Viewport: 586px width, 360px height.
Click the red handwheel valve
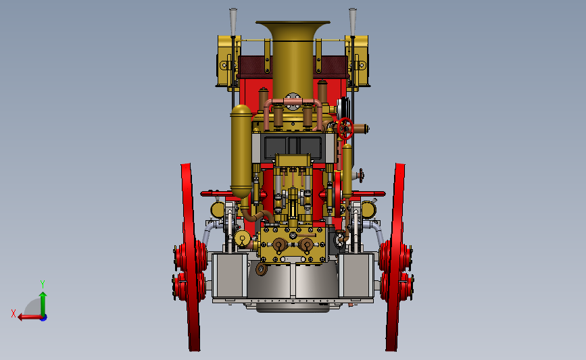(x=345, y=128)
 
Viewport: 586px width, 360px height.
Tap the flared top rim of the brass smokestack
(x=293, y=23)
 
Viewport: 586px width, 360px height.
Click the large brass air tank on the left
(x=241, y=151)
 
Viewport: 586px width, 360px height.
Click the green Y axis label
(x=42, y=284)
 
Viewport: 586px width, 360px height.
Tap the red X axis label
(x=14, y=313)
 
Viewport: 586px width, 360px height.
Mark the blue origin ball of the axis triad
(x=44, y=317)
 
